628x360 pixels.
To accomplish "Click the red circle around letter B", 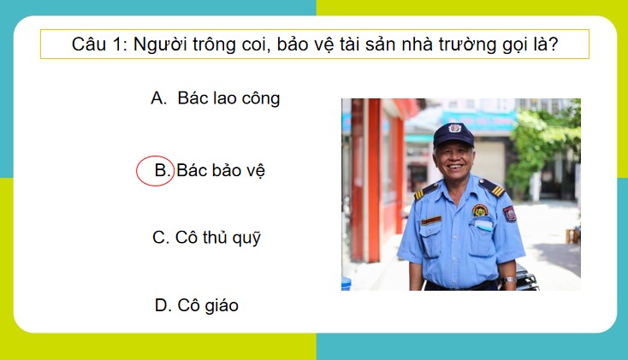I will tap(156, 171).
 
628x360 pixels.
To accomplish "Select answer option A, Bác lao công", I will tap(216, 98).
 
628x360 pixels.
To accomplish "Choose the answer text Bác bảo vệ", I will tap(222, 171).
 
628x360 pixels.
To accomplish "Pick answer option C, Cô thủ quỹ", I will tap(206, 238).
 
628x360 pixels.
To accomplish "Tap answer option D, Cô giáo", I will tap(197, 304).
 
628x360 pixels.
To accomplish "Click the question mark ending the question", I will tap(554, 44).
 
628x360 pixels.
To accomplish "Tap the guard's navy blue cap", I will tap(453, 134).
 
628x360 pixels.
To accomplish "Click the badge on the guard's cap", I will tap(454, 129).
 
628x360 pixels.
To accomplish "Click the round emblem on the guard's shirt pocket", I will tap(480, 210).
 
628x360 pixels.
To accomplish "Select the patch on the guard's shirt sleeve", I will tap(508, 214).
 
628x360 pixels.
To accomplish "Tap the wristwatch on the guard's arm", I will tap(509, 279).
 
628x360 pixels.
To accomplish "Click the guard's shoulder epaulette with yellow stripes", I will tap(491, 186).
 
